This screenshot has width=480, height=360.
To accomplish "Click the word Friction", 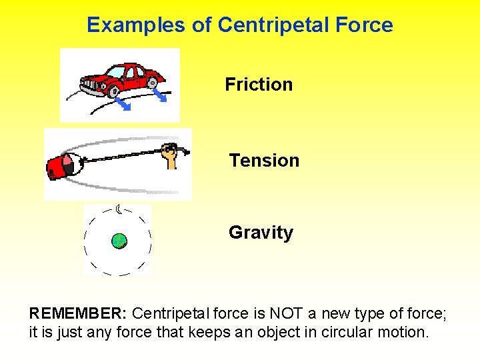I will pos(259,85).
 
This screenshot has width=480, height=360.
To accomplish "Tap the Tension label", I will pos(264,161).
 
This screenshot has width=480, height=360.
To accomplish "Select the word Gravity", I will pos(261,233).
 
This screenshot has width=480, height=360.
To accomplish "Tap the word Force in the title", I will pos(365,25).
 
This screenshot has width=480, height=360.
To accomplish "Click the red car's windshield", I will pos(117,72).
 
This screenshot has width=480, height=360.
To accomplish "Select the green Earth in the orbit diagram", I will pos(119,241).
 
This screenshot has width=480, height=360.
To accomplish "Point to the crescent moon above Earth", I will pos(119,210).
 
